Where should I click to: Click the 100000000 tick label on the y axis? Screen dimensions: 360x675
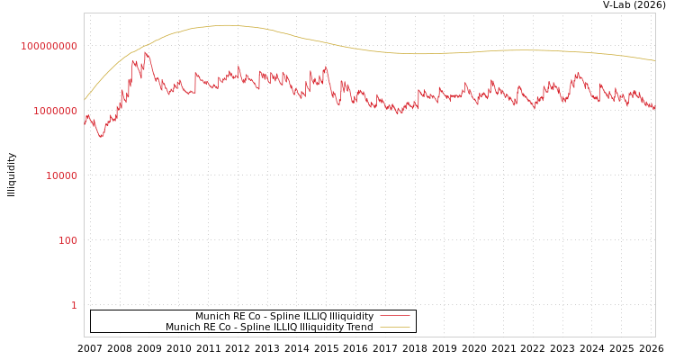click(49, 46)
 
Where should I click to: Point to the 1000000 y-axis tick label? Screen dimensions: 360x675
click(56, 111)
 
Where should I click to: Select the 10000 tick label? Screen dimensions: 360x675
click(62, 175)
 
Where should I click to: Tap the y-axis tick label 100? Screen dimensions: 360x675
click(68, 240)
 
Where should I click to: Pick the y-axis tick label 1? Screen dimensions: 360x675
click(74, 305)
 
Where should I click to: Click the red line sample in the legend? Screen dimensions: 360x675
click(394, 317)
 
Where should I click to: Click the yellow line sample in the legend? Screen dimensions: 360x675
click(394, 328)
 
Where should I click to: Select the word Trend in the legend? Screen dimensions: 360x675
click(359, 328)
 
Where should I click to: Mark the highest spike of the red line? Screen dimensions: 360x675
click(146, 52)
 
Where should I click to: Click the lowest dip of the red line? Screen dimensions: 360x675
click(101, 137)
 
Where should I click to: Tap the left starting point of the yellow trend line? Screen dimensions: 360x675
click(85, 99)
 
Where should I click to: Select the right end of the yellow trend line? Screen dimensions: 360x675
click(654, 60)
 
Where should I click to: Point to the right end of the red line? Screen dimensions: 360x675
click(654, 108)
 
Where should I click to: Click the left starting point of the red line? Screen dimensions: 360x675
click(85, 124)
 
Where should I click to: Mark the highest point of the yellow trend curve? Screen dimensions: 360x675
click(225, 25)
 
